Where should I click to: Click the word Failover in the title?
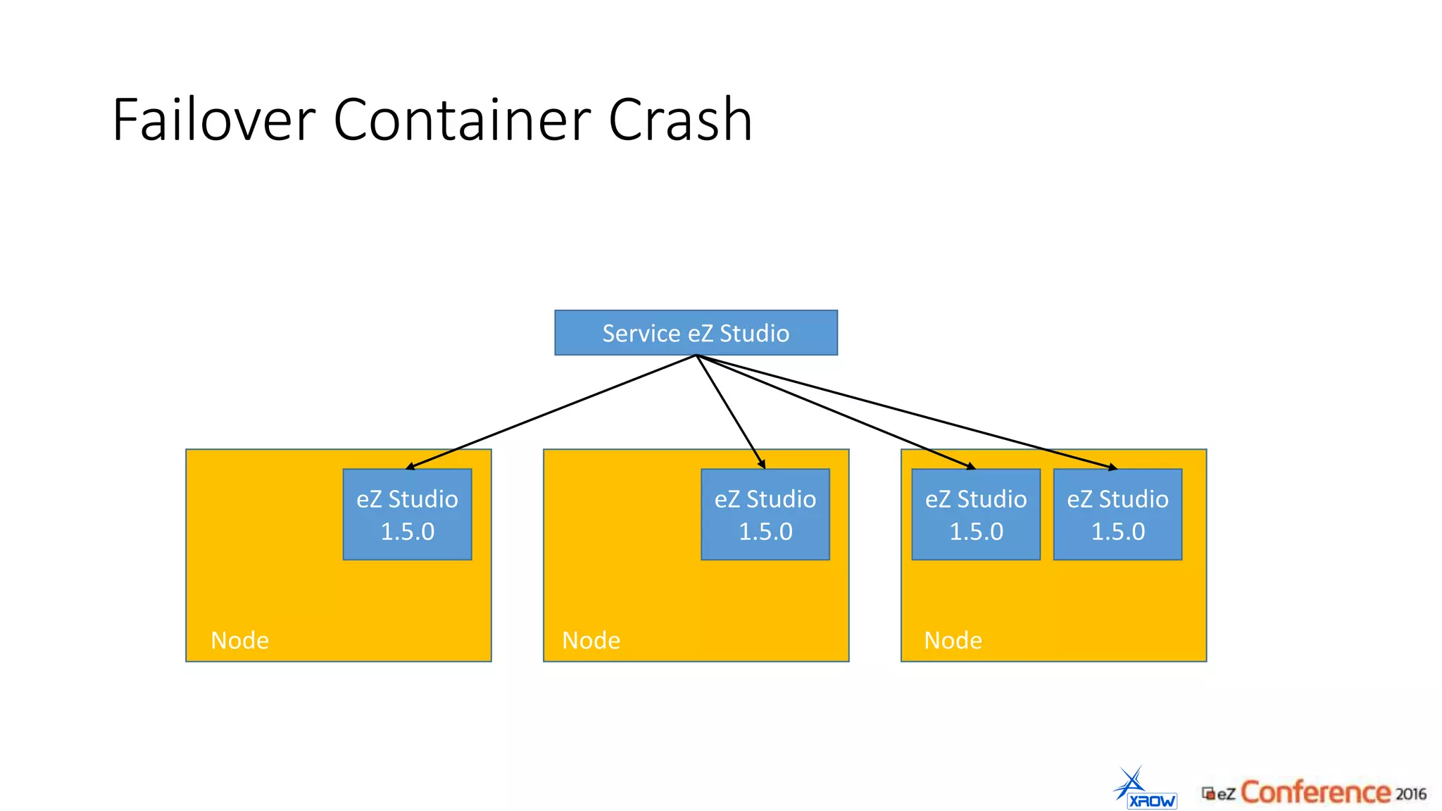[x=213, y=120]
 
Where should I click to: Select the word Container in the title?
[x=462, y=120]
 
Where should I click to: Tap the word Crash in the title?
[x=680, y=120]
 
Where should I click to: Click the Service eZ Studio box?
[x=696, y=332]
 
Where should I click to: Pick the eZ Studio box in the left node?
[x=407, y=515]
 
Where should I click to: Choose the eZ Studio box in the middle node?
[x=765, y=515]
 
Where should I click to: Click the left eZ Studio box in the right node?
[x=976, y=515]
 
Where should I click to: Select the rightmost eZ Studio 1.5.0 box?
[x=1117, y=515]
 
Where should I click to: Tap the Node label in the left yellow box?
[x=239, y=640]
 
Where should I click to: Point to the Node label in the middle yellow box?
[x=591, y=640]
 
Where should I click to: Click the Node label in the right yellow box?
[x=953, y=640]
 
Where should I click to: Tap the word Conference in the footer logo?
[x=1315, y=792]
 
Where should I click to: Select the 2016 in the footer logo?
[x=1410, y=793]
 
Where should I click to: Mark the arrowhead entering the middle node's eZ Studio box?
[x=762, y=464]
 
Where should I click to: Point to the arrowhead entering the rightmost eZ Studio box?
[x=1112, y=467]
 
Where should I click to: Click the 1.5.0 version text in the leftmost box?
[x=407, y=532]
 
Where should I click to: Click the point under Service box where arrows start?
[x=696, y=356]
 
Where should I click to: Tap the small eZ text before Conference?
[x=1226, y=794]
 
